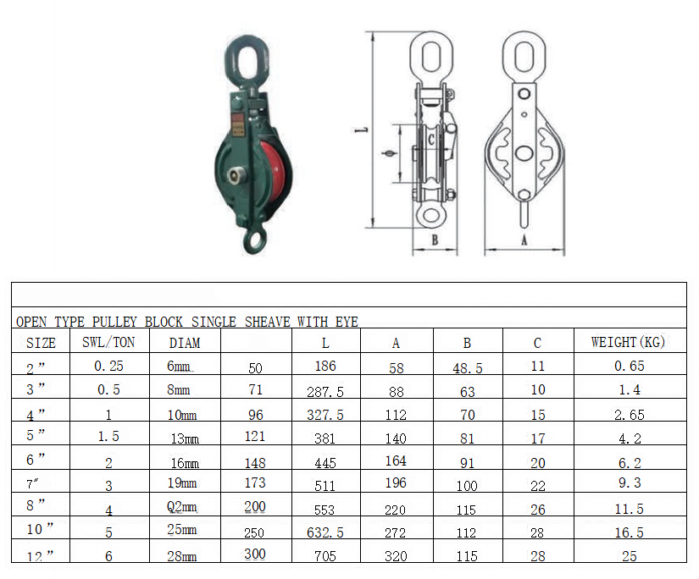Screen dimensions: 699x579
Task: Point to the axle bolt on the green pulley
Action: [235, 175]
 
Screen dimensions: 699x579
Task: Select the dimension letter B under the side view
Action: [435, 240]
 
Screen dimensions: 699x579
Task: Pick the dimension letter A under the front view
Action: [524, 240]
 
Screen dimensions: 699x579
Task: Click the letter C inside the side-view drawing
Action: [431, 140]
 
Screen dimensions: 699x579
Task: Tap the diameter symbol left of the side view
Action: [389, 154]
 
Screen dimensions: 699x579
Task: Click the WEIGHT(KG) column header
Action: [628, 342]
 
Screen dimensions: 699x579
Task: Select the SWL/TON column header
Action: [108, 342]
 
